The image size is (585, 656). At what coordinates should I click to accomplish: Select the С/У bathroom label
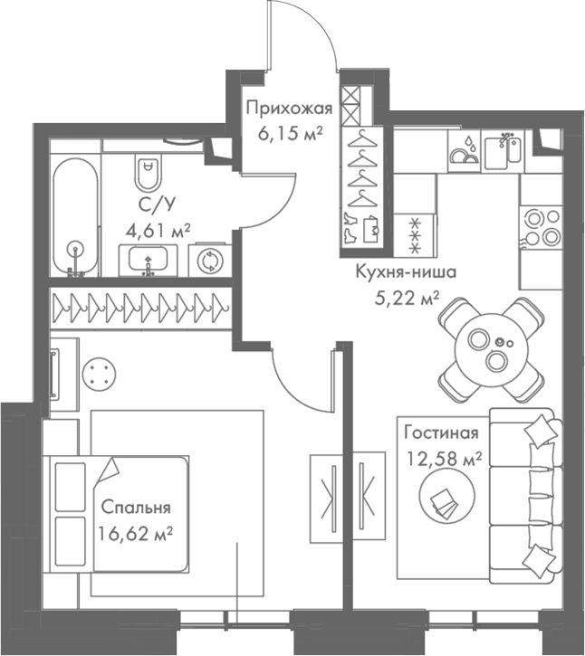pyautogui.click(x=150, y=205)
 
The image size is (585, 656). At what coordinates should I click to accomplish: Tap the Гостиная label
pyautogui.click(x=439, y=432)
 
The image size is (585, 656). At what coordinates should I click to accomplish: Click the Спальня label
pyautogui.click(x=136, y=507)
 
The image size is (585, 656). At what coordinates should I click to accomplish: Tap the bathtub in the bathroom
pyautogui.click(x=74, y=217)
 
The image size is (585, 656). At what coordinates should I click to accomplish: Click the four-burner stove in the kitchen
pyautogui.click(x=541, y=226)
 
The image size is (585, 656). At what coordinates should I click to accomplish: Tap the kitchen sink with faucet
pyautogui.click(x=503, y=150)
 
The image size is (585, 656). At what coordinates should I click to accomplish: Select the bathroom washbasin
pyautogui.click(x=147, y=261)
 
